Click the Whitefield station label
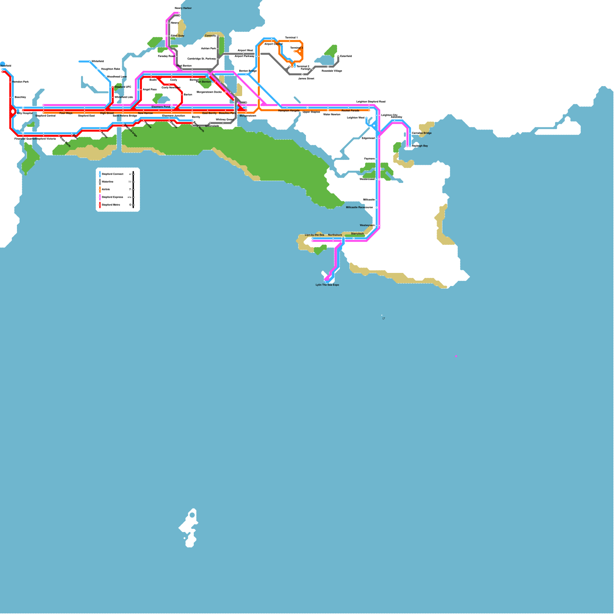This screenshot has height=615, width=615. [98, 61]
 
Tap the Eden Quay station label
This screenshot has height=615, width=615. [178, 36]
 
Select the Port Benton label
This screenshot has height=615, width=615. [203, 82]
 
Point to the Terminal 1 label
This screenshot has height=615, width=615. [291, 38]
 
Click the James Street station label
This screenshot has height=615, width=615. [306, 78]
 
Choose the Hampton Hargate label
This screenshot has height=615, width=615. [289, 111]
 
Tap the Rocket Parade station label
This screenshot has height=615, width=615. [350, 111]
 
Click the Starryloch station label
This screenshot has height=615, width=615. [357, 234]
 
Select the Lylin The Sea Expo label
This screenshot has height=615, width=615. [327, 285]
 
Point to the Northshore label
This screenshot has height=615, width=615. [335, 235]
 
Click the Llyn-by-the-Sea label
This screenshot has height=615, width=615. [314, 235]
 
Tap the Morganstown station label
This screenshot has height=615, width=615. [248, 116]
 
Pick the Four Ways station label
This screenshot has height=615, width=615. [66, 113]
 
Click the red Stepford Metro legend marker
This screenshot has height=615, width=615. [100, 205]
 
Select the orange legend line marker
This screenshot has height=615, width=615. [100, 189]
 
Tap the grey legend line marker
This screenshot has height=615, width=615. [100, 182]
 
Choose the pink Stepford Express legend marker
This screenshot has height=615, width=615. [100, 197]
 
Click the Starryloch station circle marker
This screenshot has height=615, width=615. [354, 238]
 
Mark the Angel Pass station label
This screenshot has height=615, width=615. [150, 90]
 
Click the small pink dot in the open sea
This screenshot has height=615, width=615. [456, 356]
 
